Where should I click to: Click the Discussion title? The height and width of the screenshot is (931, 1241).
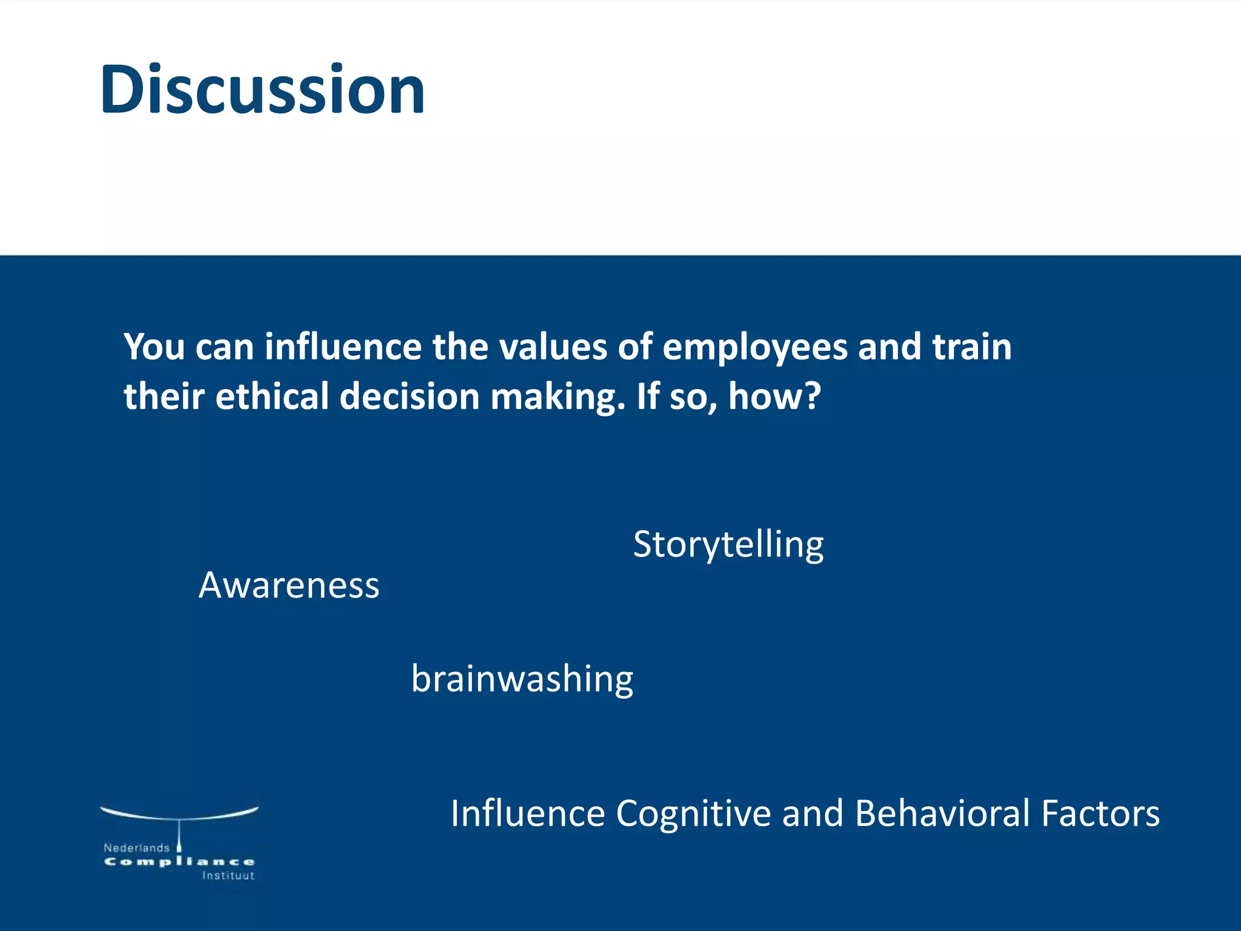click(x=262, y=90)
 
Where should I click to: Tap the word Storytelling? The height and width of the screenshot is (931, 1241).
click(x=728, y=544)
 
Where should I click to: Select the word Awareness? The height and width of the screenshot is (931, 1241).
click(x=289, y=586)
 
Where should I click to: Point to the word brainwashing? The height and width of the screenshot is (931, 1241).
click(x=522, y=679)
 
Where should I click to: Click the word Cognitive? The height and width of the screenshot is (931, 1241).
click(x=693, y=813)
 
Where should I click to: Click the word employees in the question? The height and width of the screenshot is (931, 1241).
click(x=754, y=348)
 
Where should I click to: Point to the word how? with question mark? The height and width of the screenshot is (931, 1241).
click(x=774, y=396)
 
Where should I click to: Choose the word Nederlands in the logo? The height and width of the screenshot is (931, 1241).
click(x=136, y=848)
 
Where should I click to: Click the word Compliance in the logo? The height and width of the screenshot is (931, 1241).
click(x=179, y=862)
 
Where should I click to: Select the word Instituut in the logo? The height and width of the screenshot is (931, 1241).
click(x=228, y=876)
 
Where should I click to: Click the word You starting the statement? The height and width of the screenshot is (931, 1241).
click(x=154, y=348)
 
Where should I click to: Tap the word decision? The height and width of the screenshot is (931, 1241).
click(x=410, y=396)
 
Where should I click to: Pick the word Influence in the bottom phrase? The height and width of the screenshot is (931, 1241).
click(x=528, y=813)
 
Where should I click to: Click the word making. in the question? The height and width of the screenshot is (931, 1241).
click(x=557, y=396)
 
